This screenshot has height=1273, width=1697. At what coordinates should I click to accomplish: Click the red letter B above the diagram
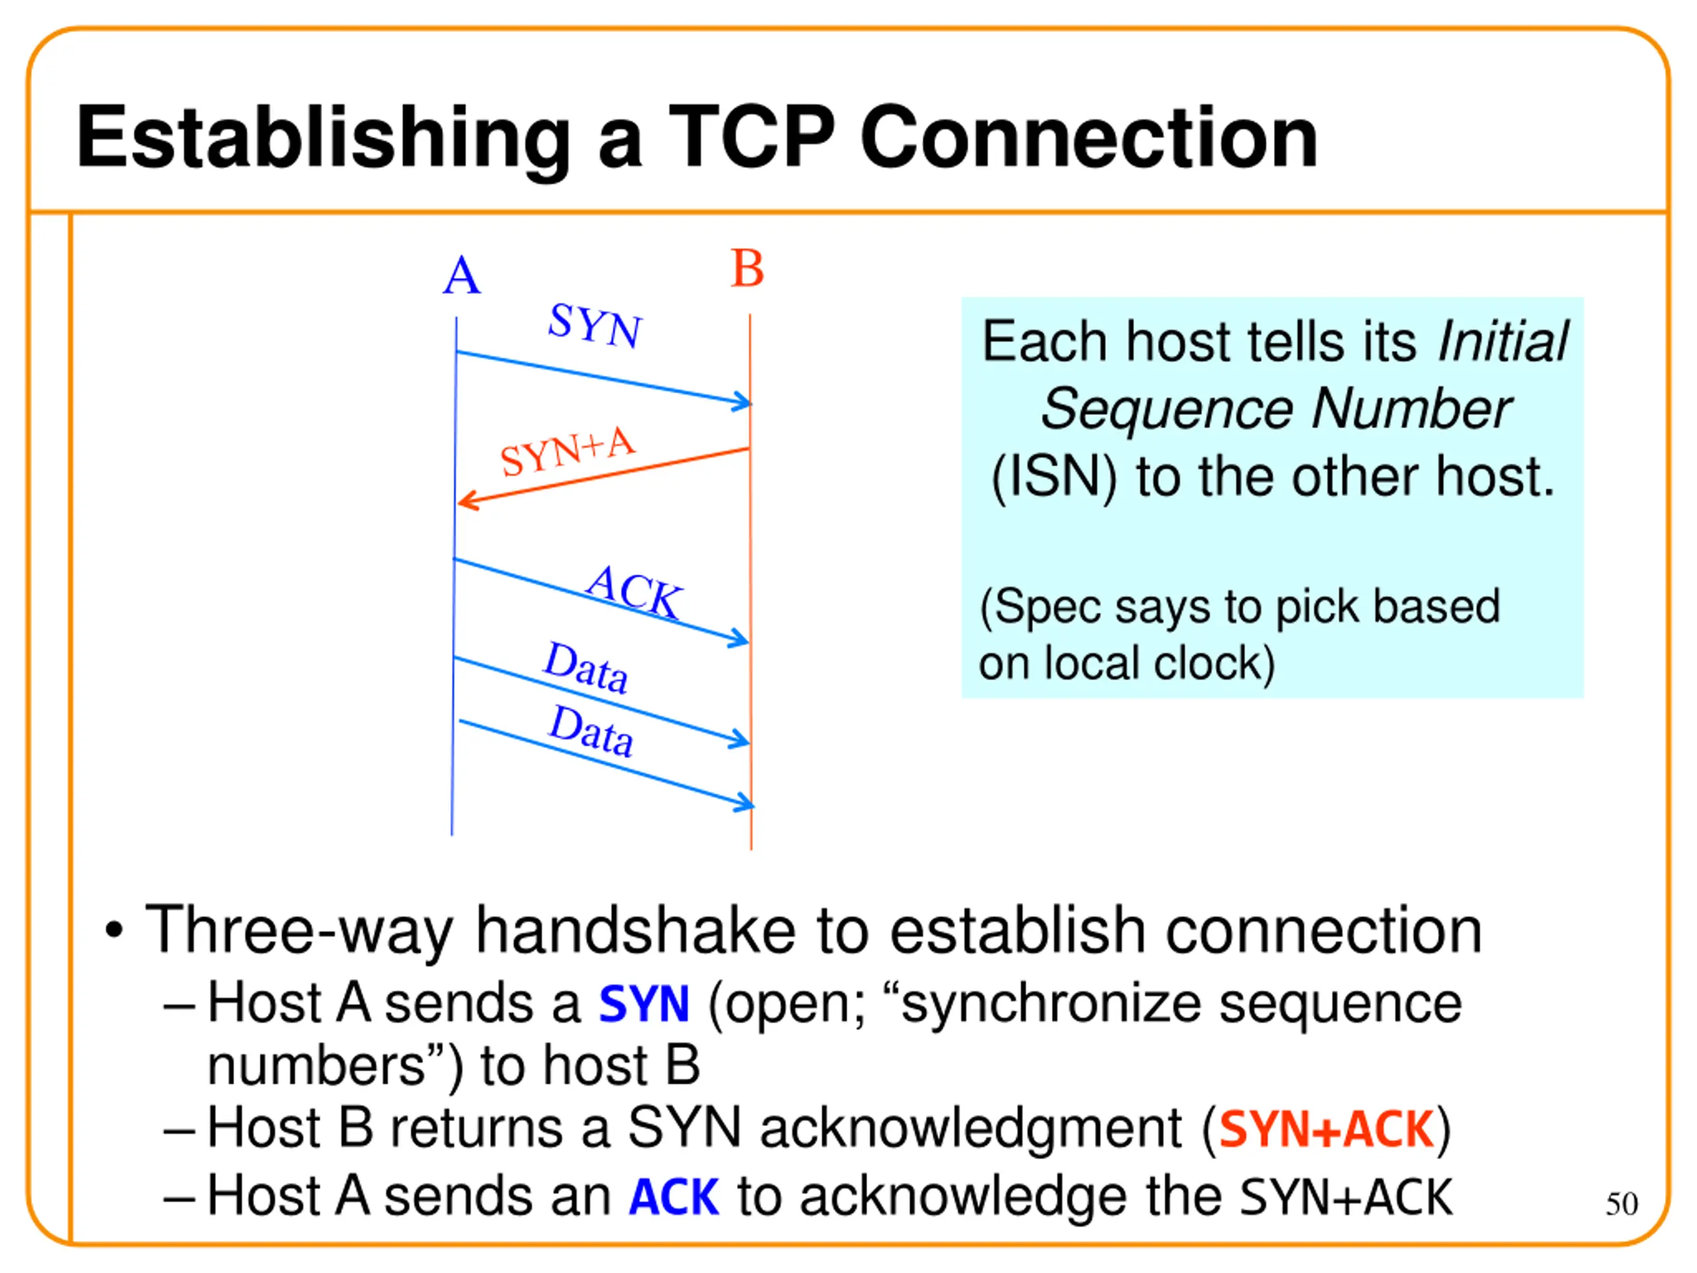747,269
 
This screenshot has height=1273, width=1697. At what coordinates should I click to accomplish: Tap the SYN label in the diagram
595,326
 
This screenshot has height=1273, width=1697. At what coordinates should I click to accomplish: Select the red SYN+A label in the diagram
567,452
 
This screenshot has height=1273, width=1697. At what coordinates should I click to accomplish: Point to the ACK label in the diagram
634,591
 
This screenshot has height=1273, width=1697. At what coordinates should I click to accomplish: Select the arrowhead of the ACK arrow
740,638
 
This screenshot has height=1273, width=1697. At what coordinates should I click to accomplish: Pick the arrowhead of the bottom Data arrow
745,804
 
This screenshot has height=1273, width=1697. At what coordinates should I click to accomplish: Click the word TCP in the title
752,137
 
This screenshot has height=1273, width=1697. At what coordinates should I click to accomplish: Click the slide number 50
1621,1204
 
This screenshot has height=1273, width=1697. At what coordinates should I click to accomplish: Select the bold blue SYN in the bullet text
644,1004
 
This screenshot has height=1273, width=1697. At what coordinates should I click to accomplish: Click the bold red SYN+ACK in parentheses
1326,1130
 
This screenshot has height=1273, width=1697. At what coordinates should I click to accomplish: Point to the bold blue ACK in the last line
673,1197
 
